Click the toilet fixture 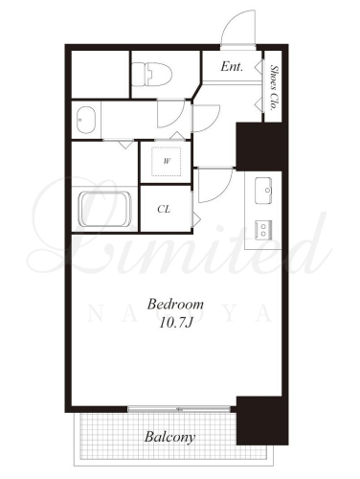point(151,75)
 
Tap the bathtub point(105,209)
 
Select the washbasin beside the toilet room point(86,120)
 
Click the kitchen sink point(263,191)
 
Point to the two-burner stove point(263,230)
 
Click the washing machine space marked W point(167,161)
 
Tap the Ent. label point(232,66)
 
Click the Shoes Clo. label point(274,87)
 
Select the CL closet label point(164,209)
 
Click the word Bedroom point(175,304)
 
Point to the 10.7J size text point(176,324)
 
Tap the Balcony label point(169,437)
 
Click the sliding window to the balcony point(179,409)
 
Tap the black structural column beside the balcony point(262,421)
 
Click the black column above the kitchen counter point(262,147)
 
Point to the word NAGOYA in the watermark point(179,314)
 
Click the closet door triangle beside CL point(196,218)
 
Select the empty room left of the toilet point(100,74)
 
